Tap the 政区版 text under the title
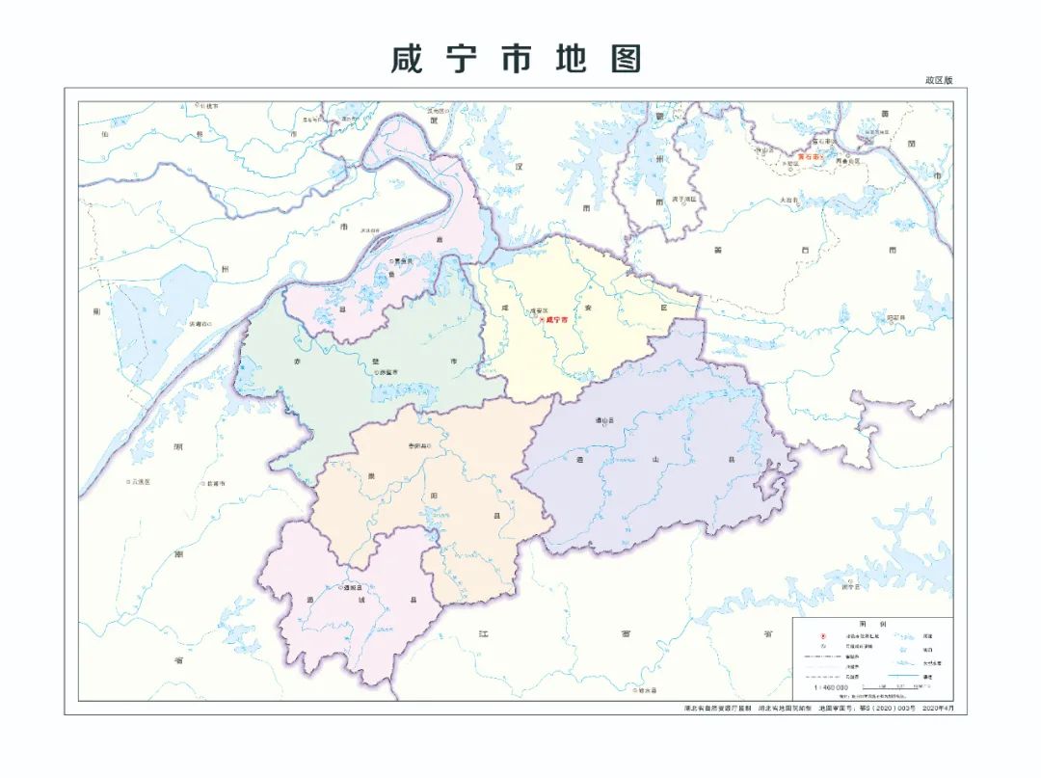point(938,80)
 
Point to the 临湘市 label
point(213,483)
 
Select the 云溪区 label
point(140,481)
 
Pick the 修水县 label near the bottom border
point(646,690)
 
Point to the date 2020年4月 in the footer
point(944,709)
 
